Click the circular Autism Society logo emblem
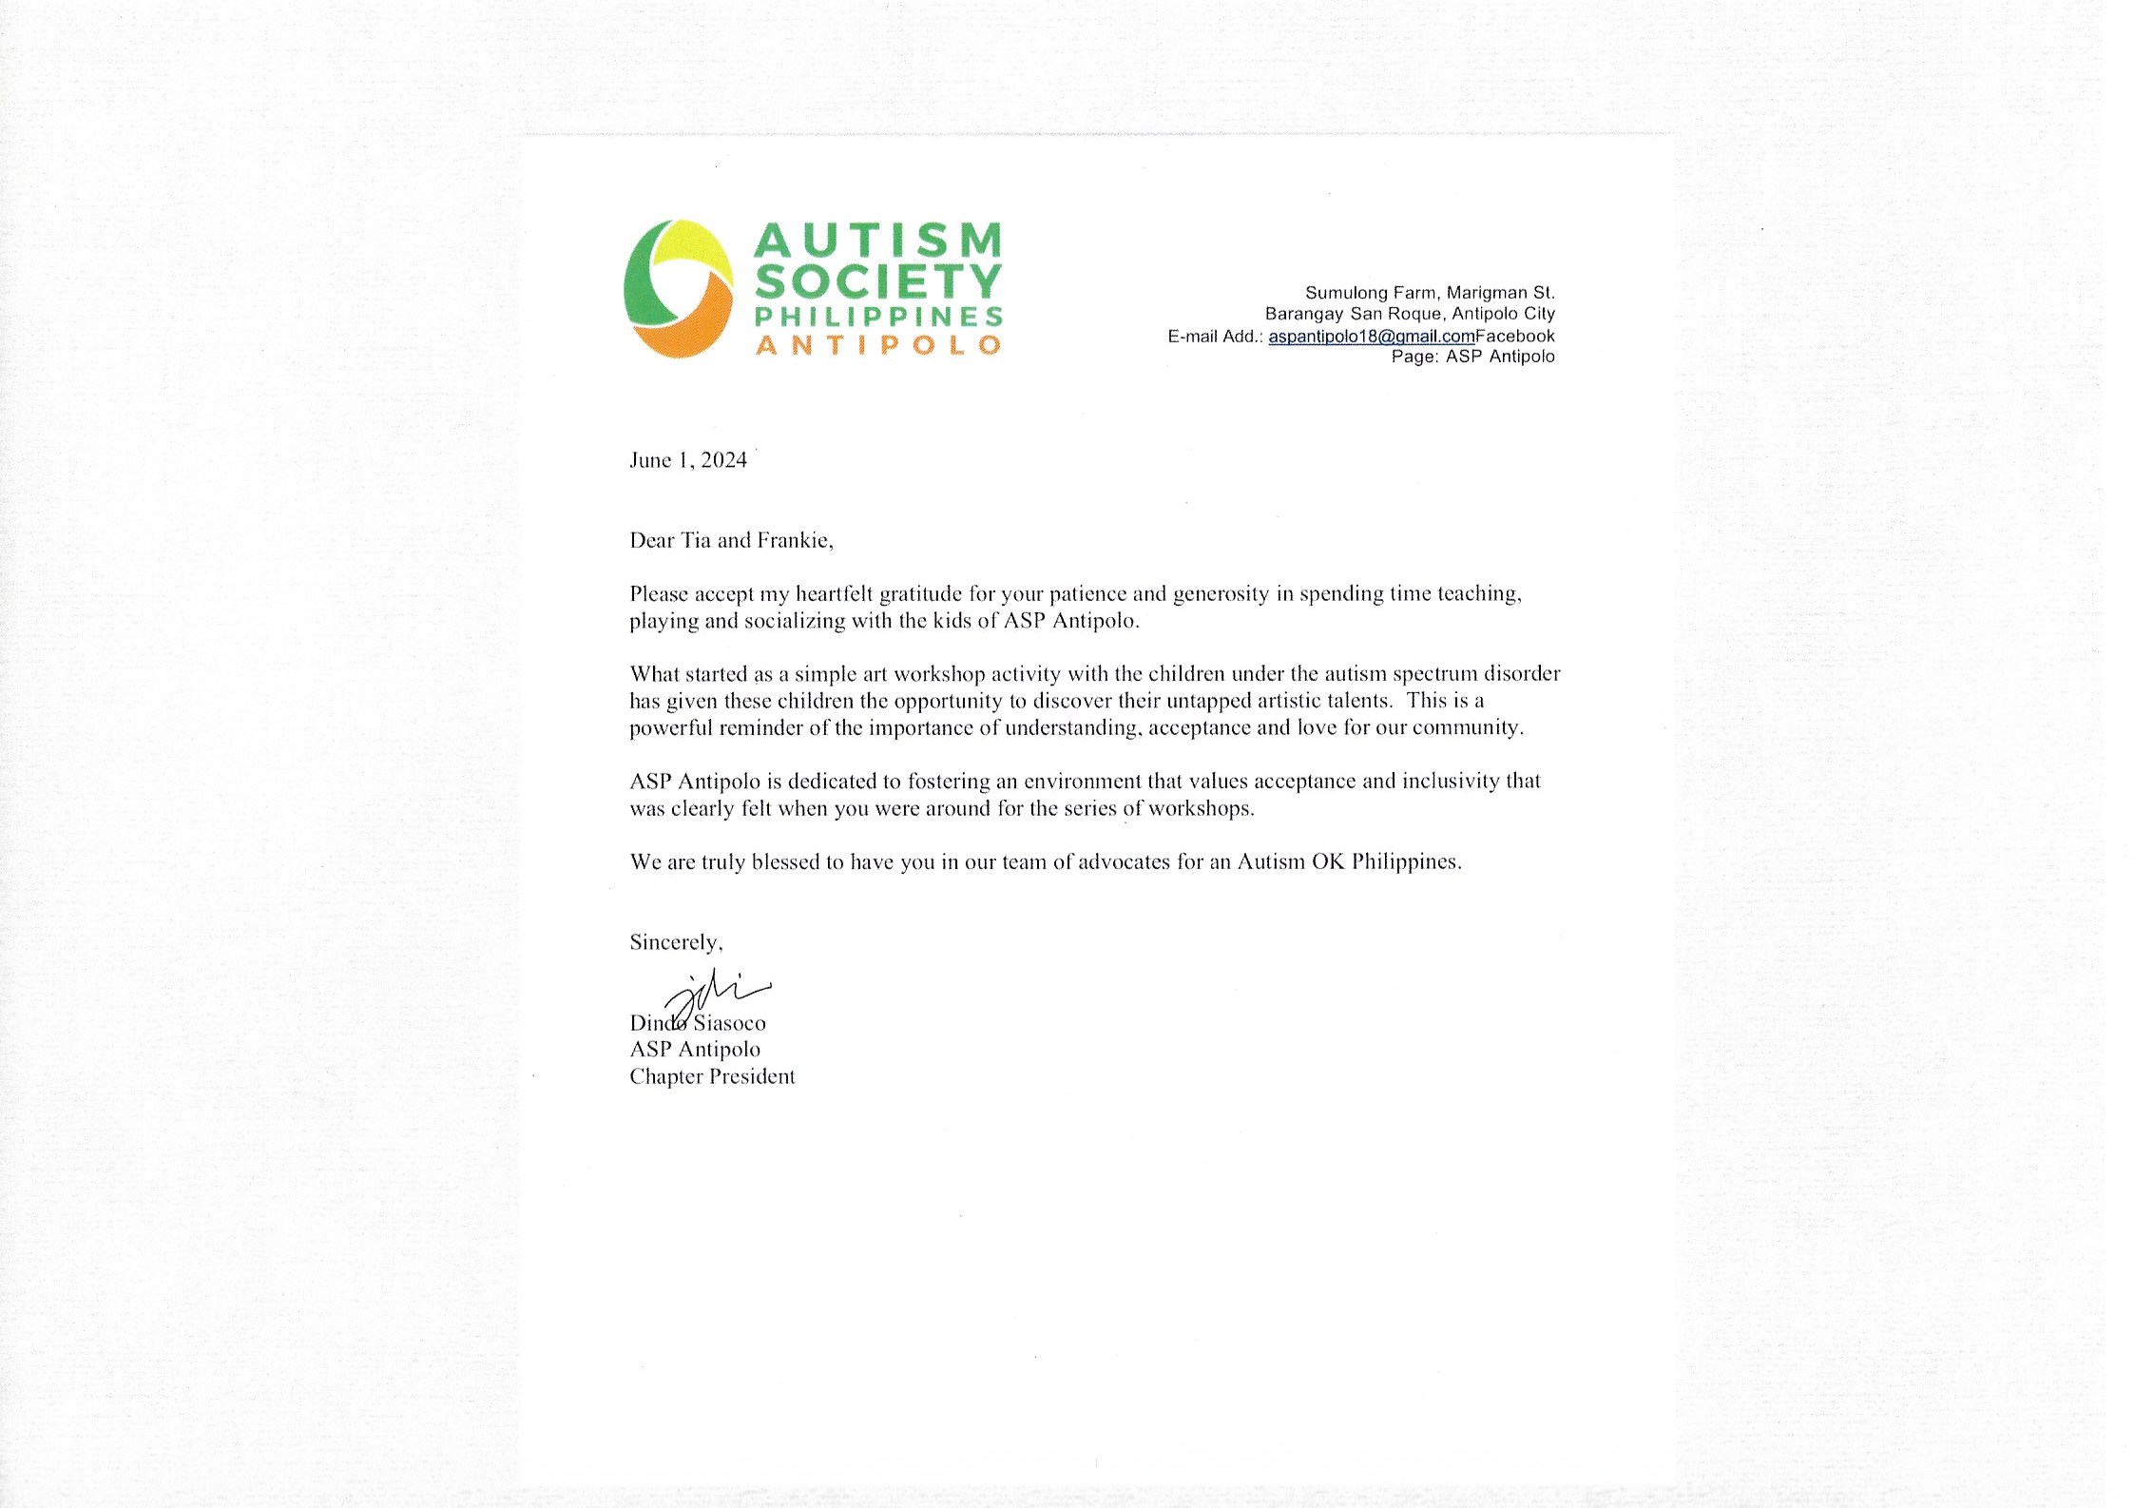678,289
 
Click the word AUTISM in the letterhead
878,241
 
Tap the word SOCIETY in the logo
878,281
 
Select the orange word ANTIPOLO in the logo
878,344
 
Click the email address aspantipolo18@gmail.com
1371,336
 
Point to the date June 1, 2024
688,460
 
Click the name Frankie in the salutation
794,541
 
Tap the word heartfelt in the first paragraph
836,594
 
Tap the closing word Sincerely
675,942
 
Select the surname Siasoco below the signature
730,1023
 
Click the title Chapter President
712,1076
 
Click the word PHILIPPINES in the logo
878,316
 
